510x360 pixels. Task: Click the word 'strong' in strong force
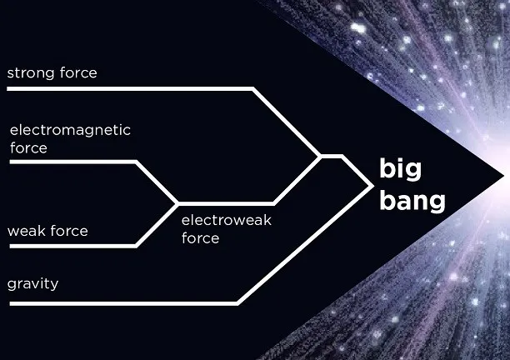point(30,73)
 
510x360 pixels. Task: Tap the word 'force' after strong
point(76,73)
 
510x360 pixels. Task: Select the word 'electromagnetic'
point(70,131)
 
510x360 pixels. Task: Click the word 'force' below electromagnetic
point(28,148)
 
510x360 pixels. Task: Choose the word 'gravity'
point(33,284)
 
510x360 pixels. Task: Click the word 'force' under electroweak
point(200,238)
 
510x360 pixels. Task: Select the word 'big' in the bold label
point(401,167)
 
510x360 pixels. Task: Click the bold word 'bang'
point(412,201)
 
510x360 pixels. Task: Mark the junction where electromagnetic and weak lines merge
point(177,203)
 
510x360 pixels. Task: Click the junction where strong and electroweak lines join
point(319,156)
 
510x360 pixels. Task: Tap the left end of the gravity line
point(10,303)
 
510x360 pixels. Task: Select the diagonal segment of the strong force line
point(285,122)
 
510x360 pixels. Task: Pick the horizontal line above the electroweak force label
point(225,203)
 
